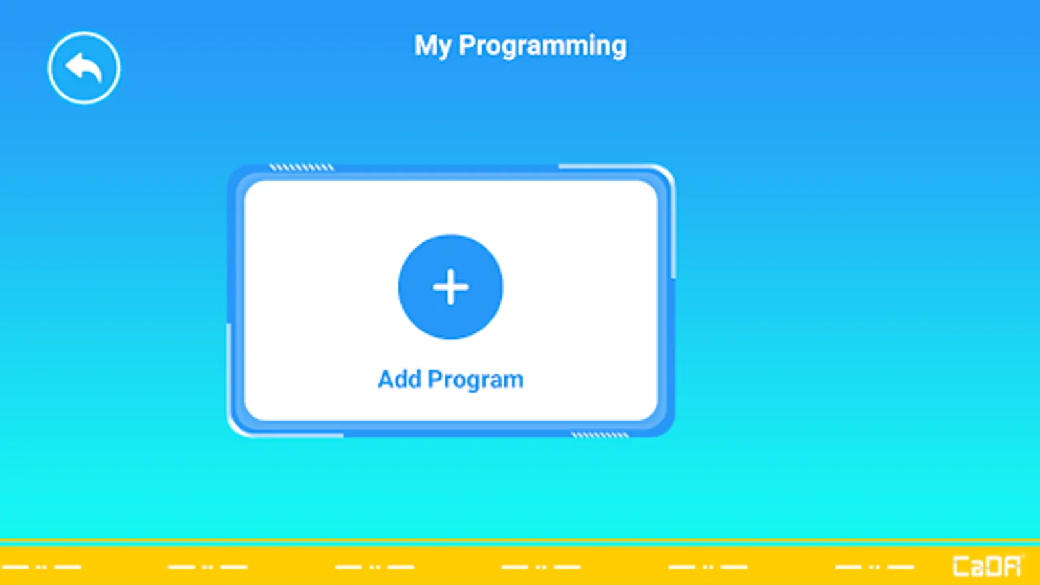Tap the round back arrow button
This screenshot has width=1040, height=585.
pyautogui.click(x=84, y=68)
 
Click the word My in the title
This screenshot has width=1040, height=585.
pyautogui.click(x=432, y=46)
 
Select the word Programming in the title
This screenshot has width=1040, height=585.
pyautogui.click(x=542, y=46)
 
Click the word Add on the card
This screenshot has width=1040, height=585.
pyautogui.click(x=399, y=380)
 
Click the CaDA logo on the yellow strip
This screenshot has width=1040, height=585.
pyautogui.click(x=987, y=566)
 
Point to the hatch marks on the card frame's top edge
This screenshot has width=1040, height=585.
pyautogui.click(x=302, y=167)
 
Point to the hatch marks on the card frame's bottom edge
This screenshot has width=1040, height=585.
pyautogui.click(x=600, y=435)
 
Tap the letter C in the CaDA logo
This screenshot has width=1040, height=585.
pyautogui.click(x=961, y=566)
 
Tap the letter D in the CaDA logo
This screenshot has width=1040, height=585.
pyautogui.click(x=996, y=566)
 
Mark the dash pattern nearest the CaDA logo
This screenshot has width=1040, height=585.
pyautogui.click(x=874, y=567)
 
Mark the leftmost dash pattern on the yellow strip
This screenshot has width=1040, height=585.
pyautogui.click(x=40, y=567)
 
